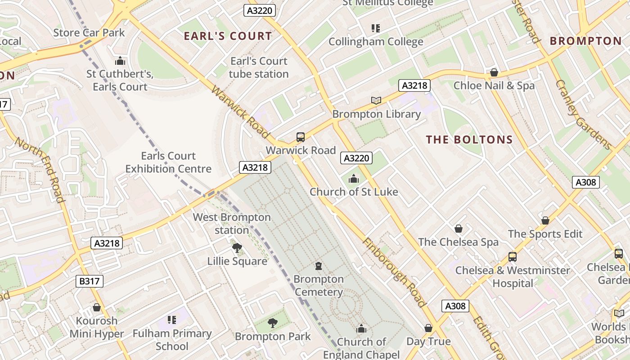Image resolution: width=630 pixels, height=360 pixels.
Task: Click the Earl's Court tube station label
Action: (259, 67)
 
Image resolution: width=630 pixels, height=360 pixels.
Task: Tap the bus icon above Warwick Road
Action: (300, 137)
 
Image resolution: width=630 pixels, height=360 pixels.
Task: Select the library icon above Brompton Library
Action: (376, 100)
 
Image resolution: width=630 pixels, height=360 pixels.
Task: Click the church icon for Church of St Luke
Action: (354, 179)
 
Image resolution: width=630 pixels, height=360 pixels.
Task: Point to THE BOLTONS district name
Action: (469, 140)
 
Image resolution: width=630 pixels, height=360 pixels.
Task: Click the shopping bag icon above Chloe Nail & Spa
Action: (494, 72)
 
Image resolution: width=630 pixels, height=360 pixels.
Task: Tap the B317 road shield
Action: (90, 282)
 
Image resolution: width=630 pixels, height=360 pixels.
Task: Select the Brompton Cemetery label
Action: (319, 286)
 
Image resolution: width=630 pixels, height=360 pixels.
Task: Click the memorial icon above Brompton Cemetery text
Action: (319, 266)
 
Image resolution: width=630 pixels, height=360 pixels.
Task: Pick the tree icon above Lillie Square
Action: (237, 247)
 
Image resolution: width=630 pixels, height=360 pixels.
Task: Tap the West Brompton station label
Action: (232, 224)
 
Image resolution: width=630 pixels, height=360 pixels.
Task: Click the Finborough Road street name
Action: (394, 272)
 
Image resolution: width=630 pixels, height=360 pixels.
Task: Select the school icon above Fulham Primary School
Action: (171, 320)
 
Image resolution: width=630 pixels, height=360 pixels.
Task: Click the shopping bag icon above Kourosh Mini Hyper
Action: (96, 307)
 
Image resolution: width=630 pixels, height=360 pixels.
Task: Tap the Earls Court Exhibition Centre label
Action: (168, 162)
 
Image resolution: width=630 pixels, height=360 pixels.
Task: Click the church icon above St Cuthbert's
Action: (120, 61)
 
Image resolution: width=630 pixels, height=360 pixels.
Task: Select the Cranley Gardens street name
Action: (583, 115)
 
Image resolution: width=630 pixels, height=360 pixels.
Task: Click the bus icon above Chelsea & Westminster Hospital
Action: (512, 257)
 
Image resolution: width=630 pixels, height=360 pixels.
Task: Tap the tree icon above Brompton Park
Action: (272, 323)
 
